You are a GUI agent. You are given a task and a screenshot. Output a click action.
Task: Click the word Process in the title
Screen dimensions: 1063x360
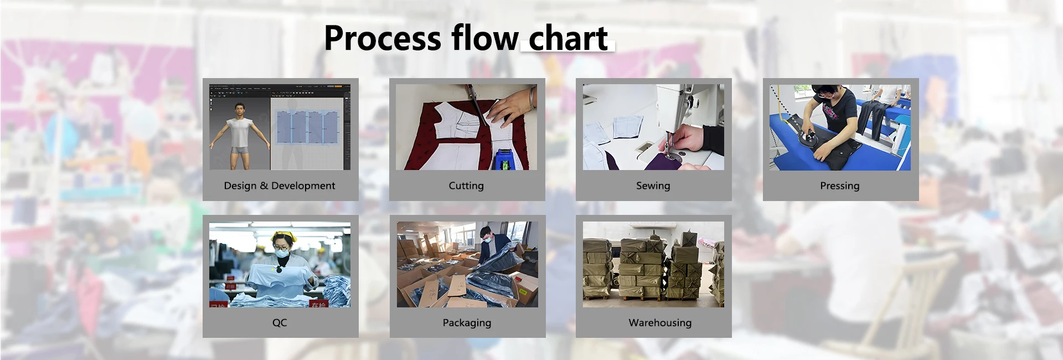click(x=383, y=39)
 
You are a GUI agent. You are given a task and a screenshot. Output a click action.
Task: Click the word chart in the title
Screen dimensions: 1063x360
click(x=569, y=38)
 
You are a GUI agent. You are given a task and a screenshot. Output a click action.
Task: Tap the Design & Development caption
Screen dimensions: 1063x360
click(x=280, y=186)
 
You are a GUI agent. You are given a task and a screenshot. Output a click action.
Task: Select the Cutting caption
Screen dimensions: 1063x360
click(x=466, y=186)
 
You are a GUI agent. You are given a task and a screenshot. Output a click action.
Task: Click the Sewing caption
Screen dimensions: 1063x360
click(x=653, y=186)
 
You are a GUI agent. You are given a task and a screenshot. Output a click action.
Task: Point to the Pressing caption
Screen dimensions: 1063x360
click(x=840, y=186)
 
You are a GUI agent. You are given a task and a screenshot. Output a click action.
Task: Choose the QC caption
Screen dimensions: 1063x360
click(x=280, y=322)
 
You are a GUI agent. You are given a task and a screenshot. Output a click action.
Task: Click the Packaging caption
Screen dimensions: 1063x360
click(x=467, y=322)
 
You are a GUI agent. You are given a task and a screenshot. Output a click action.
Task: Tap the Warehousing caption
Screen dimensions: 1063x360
click(x=660, y=322)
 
